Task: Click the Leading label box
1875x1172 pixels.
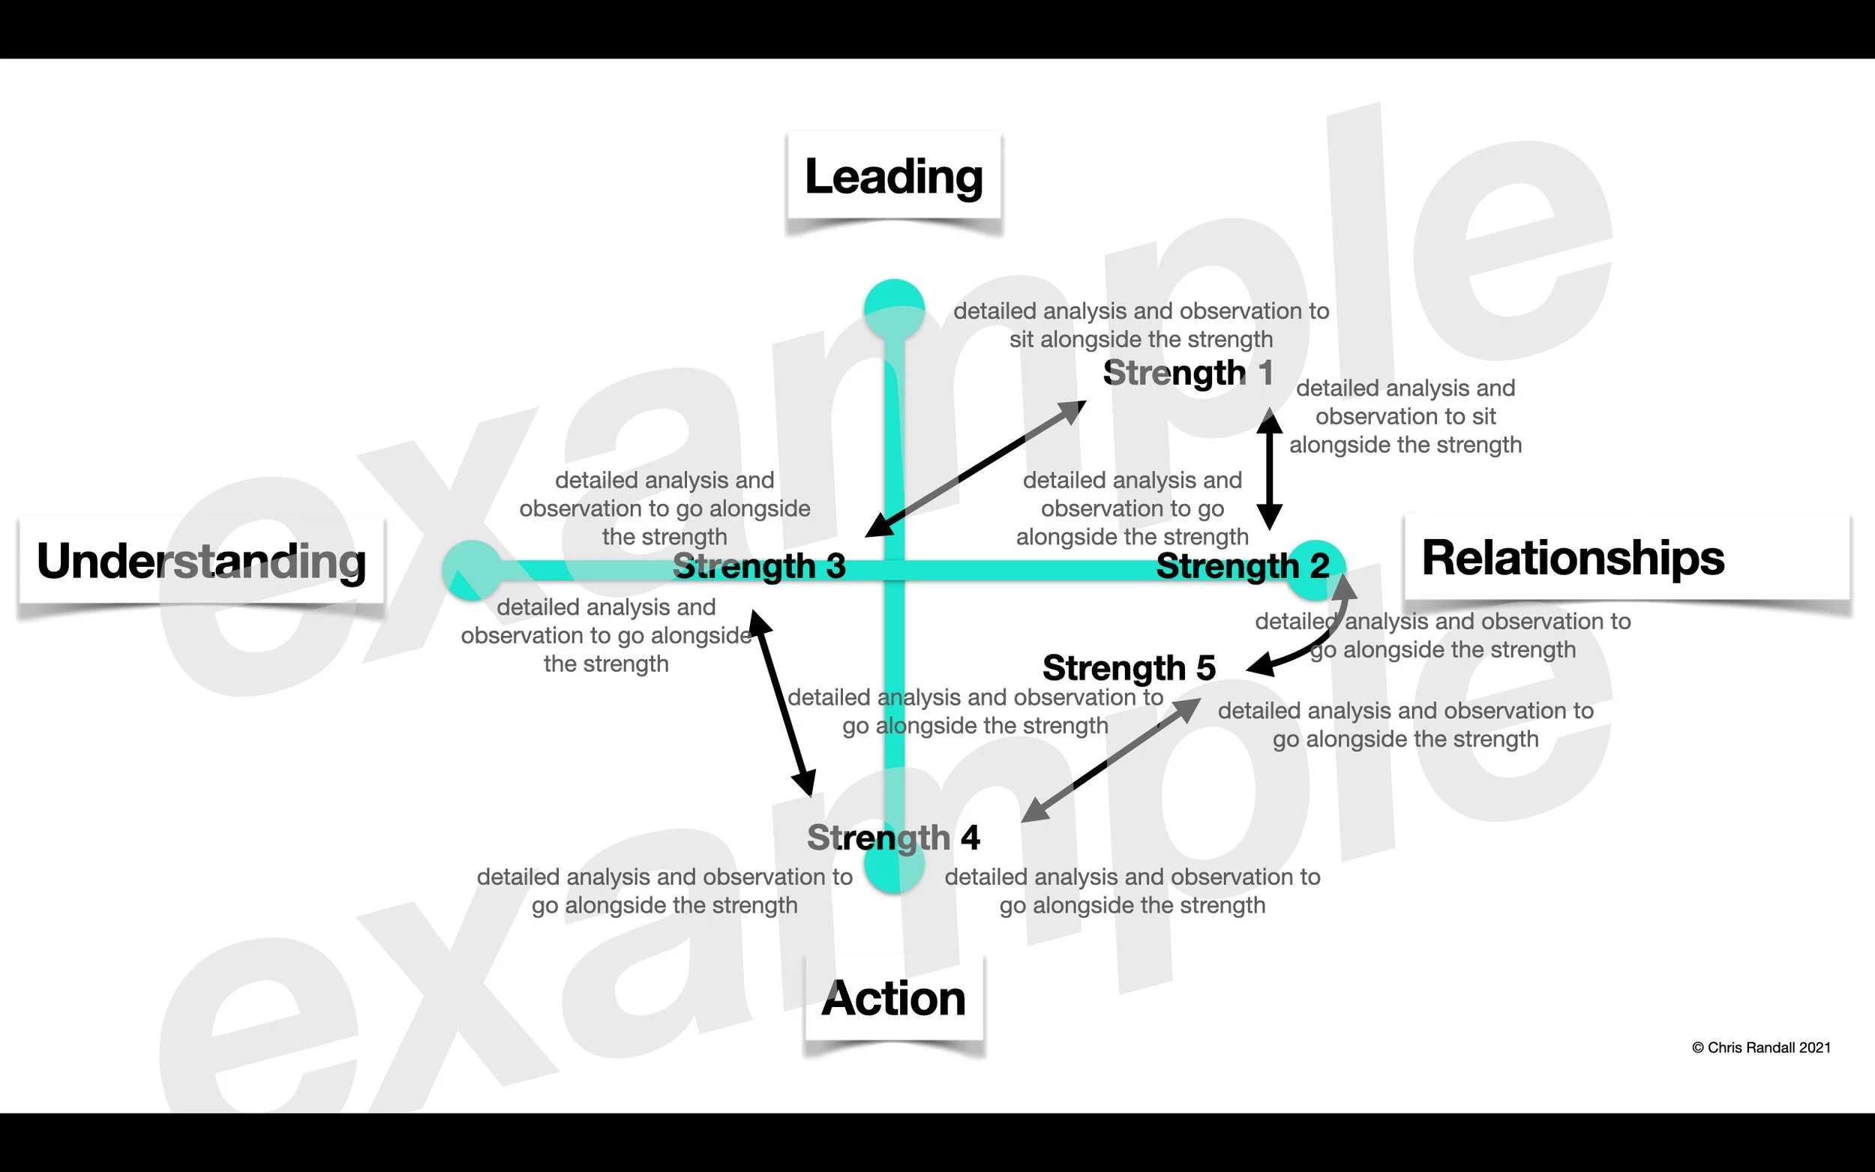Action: pos(894,176)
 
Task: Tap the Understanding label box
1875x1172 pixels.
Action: pos(202,561)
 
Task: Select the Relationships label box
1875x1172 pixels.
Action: pos(1626,557)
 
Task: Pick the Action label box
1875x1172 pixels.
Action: pos(894,997)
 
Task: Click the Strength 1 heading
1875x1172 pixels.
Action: pos(1187,373)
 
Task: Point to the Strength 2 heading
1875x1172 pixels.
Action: pos(1243,566)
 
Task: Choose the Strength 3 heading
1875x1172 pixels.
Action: pos(759,567)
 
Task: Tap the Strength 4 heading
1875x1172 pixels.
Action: pos(893,837)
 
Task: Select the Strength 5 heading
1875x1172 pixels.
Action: pos(1129,667)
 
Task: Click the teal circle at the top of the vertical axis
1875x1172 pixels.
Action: pos(894,308)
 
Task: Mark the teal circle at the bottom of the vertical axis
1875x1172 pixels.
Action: pos(894,868)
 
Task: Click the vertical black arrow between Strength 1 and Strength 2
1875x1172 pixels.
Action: pos(1269,469)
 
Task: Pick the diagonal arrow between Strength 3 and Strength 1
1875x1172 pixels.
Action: pos(975,469)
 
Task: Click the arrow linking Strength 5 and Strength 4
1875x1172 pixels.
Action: pos(1111,760)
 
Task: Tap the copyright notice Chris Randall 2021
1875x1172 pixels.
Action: pos(1761,1048)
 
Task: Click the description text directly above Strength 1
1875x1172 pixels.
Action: pos(1141,325)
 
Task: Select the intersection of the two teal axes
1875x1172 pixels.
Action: pos(894,571)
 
